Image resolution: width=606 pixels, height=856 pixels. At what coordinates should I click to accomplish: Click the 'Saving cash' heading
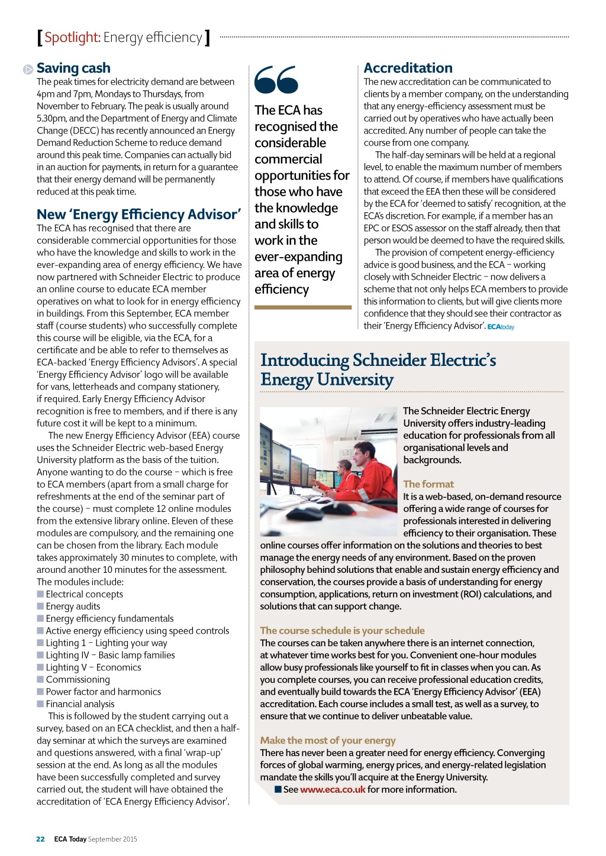(x=73, y=69)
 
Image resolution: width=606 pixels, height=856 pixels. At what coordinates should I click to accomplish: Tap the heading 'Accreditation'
(x=408, y=69)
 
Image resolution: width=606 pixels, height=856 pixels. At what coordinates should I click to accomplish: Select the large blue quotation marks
(x=276, y=80)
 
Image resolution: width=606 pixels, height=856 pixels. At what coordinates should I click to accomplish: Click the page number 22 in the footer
(x=40, y=839)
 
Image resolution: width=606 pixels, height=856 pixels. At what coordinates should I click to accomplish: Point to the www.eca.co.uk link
(x=333, y=790)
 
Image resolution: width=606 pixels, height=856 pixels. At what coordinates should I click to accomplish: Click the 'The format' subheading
(x=428, y=484)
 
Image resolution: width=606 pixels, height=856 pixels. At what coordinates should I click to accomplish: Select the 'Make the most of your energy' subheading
(x=328, y=741)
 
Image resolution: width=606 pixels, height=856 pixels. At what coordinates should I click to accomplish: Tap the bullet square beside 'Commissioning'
(x=40, y=679)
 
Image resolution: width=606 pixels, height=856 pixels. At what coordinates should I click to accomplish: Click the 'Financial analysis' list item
(x=80, y=704)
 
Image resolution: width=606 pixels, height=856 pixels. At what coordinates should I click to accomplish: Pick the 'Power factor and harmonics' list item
(x=103, y=692)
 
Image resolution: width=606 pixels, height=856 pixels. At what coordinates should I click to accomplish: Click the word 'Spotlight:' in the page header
(x=72, y=38)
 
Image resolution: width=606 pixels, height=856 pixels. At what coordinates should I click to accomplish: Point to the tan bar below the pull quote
(x=303, y=307)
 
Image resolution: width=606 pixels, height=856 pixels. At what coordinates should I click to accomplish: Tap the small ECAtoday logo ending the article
(x=501, y=327)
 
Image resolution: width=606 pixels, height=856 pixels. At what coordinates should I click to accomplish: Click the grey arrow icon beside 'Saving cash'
(x=28, y=70)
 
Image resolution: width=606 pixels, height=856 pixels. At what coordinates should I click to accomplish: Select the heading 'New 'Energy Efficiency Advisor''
(x=138, y=215)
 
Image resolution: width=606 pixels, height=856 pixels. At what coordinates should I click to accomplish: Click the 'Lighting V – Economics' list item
(x=94, y=667)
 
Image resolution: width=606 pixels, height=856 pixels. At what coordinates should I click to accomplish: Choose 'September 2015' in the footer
(x=112, y=839)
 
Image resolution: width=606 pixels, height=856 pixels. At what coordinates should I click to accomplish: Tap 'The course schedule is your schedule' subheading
(x=342, y=631)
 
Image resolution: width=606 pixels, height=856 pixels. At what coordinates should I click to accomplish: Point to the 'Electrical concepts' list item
(x=84, y=594)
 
